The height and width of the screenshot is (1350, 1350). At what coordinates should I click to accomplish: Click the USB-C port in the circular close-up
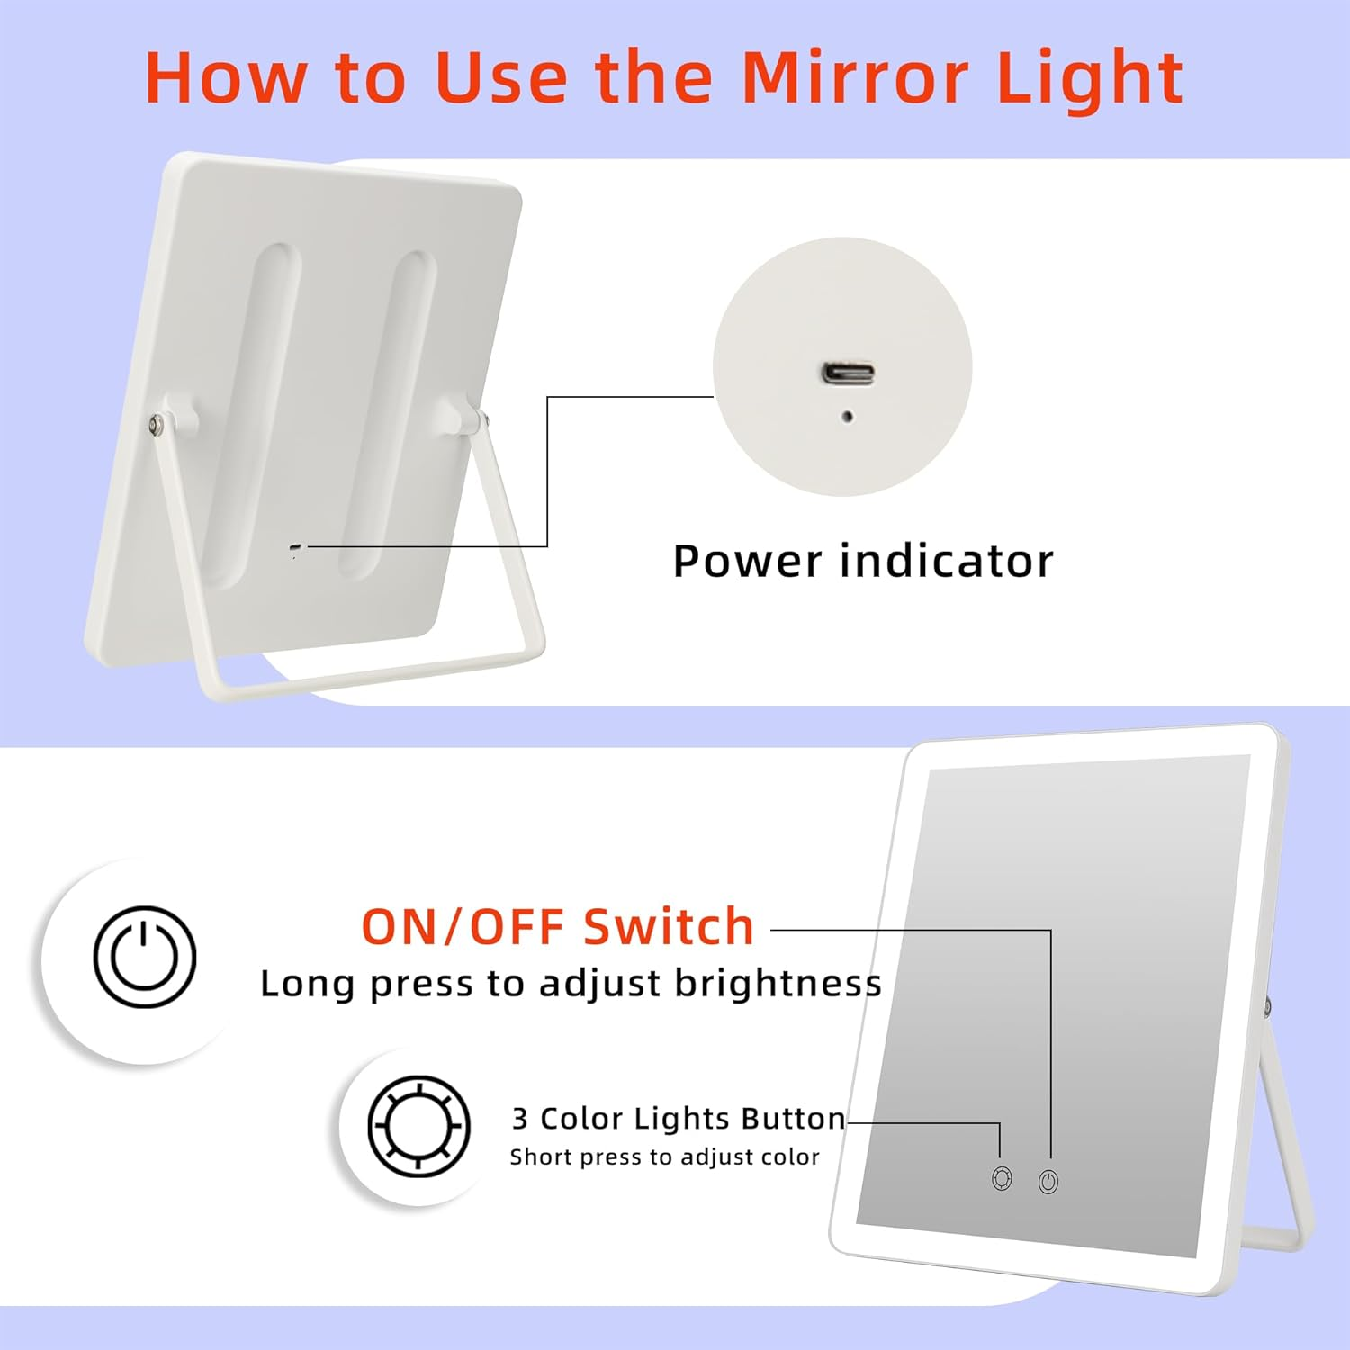(x=847, y=373)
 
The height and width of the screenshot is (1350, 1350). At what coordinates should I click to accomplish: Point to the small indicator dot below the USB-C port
(x=847, y=417)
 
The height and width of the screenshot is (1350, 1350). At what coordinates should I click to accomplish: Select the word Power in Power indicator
(x=747, y=562)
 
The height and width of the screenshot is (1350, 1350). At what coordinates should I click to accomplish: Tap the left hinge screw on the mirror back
(x=157, y=422)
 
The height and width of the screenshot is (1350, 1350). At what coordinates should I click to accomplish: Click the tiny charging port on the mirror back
(x=296, y=547)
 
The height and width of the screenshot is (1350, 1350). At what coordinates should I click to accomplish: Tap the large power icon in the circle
(x=145, y=956)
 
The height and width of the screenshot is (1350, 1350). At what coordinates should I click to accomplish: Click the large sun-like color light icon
(x=419, y=1126)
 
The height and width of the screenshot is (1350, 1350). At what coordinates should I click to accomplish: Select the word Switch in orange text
(x=668, y=927)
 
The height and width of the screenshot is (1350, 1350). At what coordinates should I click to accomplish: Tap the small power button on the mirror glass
(x=1048, y=1182)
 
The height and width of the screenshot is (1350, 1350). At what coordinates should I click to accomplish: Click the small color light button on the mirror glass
(x=1002, y=1178)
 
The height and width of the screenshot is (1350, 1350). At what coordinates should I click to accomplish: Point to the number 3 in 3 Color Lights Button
(x=519, y=1119)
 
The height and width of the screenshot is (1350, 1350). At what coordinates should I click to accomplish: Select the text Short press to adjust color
(x=664, y=1157)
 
